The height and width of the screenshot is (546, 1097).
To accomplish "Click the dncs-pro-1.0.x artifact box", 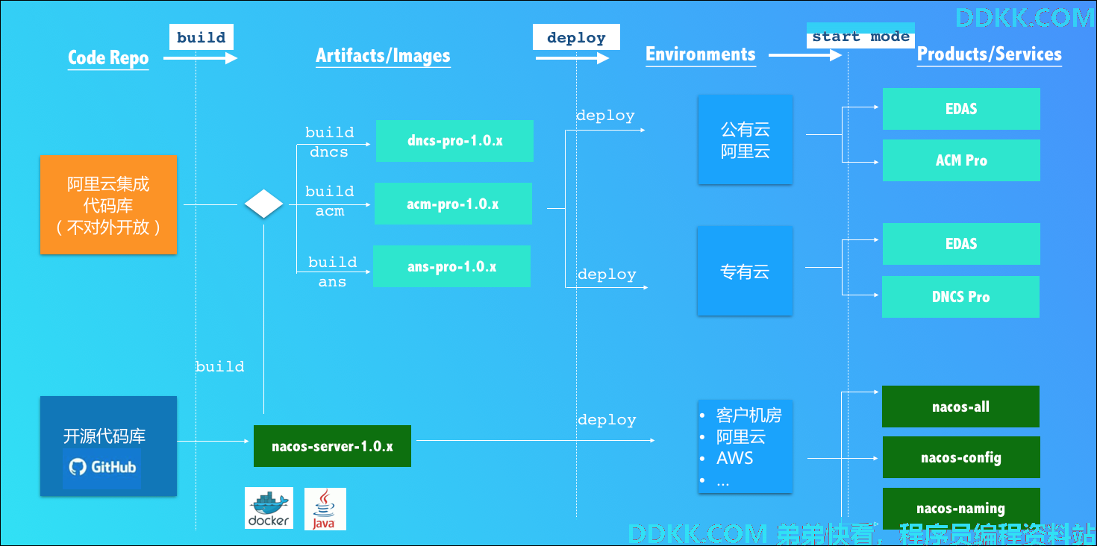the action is (x=454, y=141).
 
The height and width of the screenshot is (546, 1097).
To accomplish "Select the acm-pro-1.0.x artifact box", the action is (x=453, y=204).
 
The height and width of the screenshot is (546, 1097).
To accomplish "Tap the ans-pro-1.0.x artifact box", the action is (x=451, y=266).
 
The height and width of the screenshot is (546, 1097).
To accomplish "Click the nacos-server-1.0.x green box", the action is (x=332, y=446).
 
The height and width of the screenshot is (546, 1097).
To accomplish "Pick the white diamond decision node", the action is (x=263, y=204).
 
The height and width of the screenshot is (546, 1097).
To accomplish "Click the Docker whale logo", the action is (x=269, y=508).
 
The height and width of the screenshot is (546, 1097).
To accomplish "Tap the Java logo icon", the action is (x=325, y=509).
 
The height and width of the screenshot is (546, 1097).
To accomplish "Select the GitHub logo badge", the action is (x=101, y=468).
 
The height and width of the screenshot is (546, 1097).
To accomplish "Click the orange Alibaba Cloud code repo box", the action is (x=108, y=204).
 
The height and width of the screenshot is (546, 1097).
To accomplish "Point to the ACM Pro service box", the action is (x=961, y=160).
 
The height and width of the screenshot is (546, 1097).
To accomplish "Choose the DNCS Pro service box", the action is (x=960, y=297).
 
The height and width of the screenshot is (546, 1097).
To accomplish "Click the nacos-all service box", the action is (x=960, y=407).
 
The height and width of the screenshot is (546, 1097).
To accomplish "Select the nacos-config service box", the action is (x=961, y=457).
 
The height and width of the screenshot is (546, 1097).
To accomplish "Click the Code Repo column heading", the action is (x=108, y=57).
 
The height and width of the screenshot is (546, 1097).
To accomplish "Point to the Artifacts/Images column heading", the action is (x=383, y=56).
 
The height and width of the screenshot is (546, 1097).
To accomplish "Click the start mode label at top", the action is (x=860, y=37).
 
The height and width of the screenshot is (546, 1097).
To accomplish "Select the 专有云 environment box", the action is (x=745, y=271).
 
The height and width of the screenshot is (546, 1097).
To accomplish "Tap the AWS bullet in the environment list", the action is (x=734, y=458).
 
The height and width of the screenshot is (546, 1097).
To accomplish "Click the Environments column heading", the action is (x=700, y=54).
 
